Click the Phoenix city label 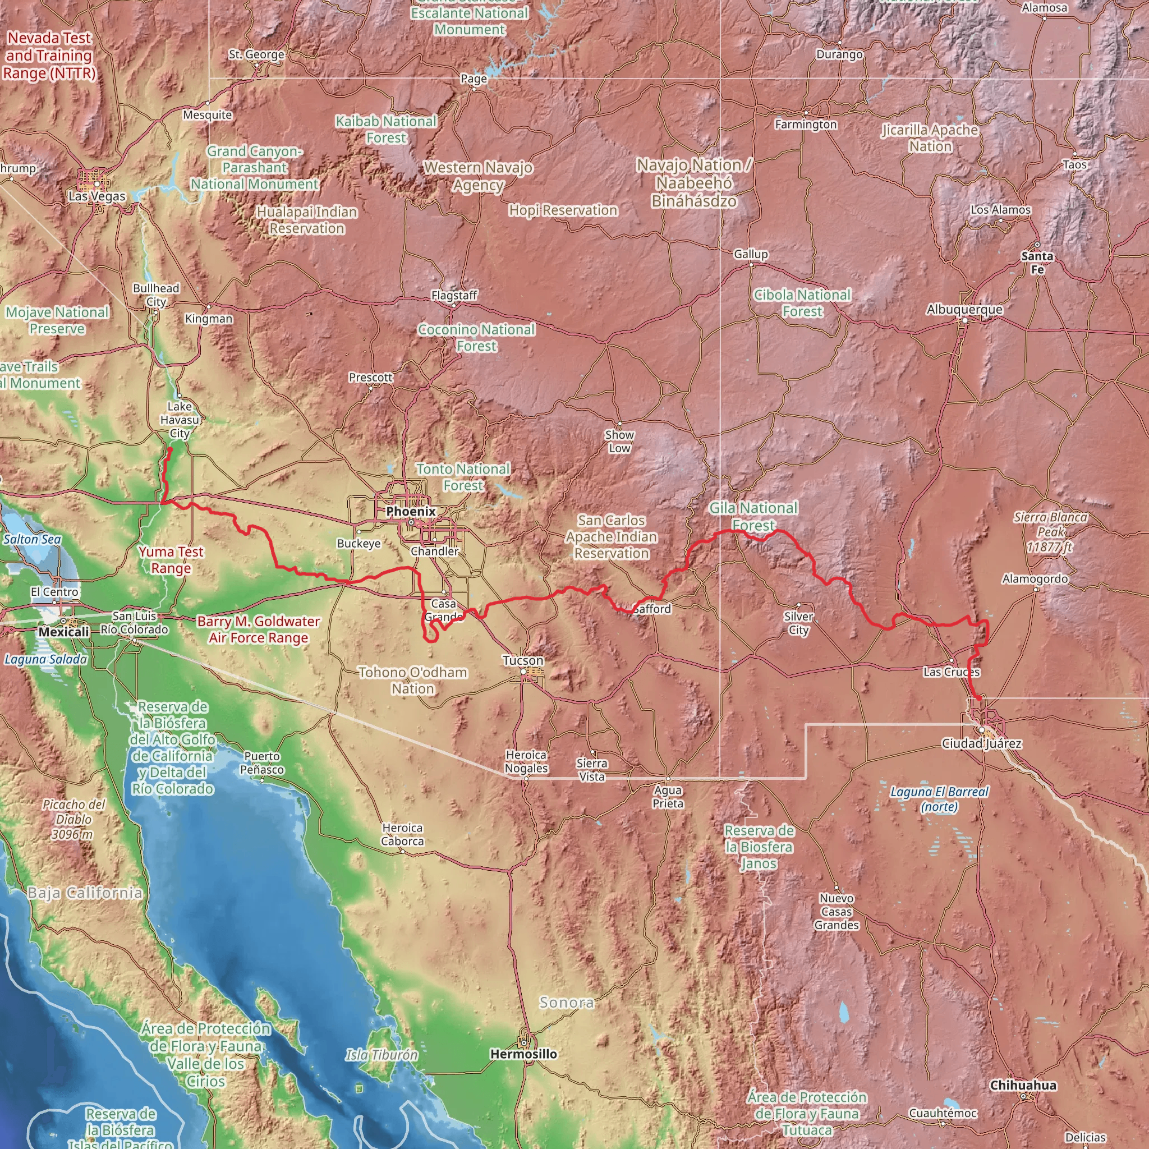tap(410, 512)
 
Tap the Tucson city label tap(523, 660)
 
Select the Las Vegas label tap(97, 196)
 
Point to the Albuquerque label tap(964, 309)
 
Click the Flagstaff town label tap(454, 295)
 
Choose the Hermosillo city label tap(523, 1054)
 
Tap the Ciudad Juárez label tap(981, 743)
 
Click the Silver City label tap(798, 623)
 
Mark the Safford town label tap(652, 609)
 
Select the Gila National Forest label tap(753, 516)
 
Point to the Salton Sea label tap(32, 539)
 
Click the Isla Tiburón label tap(382, 1055)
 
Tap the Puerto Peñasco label tap(261, 762)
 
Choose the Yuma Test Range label tap(171, 559)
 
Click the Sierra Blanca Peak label tap(1050, 532)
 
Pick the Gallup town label tap(751, 254)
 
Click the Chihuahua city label tap(1023, 1086)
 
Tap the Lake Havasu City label tap(180, 419)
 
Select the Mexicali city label tap(63, 632)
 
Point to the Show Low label tap(619, 442)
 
